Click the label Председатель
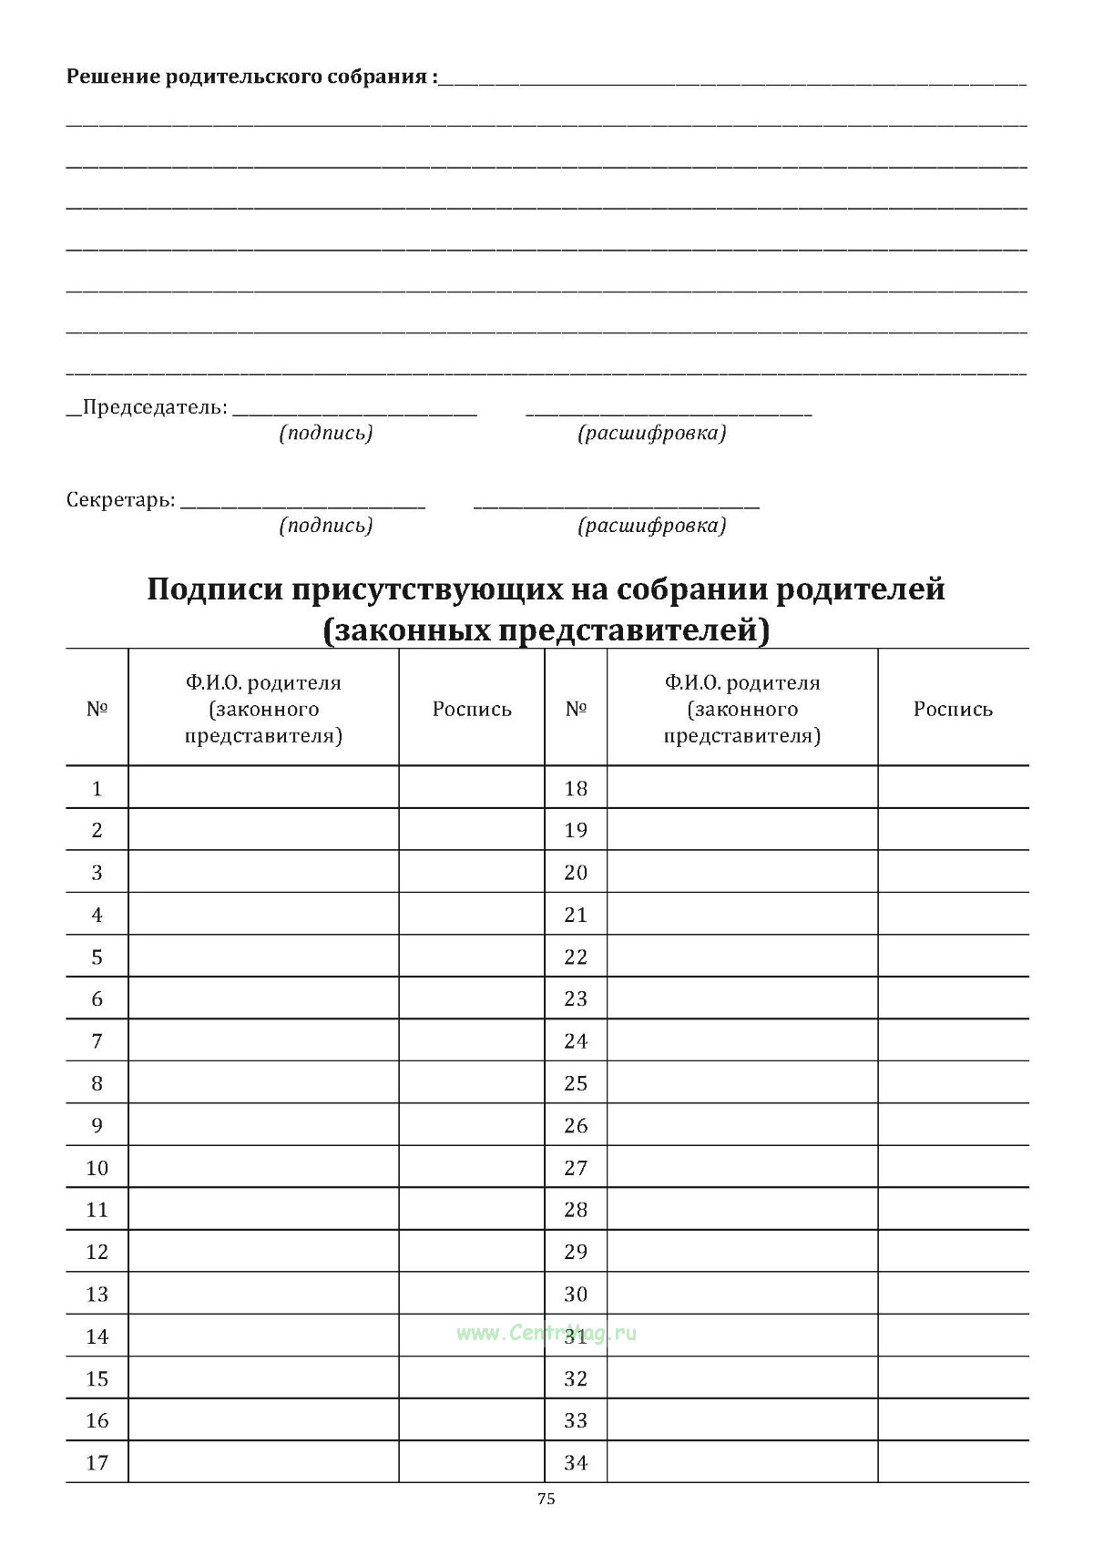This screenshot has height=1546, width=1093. point(155,407)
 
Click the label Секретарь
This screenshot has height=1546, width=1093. point(120,500)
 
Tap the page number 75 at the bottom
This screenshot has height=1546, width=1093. point(546,1500)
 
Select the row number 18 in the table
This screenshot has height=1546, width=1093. point(576,788)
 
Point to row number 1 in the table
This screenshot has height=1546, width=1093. point(97,788)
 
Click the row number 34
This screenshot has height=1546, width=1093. point(576,1463)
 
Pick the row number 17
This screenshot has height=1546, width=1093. point(97,1463)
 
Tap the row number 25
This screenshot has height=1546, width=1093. point(576,1083)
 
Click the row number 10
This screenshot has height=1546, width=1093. point(97,1168)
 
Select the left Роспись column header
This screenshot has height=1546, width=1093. point(472,710)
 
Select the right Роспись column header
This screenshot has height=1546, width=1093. point(953,710)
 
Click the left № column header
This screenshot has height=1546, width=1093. point(97,710)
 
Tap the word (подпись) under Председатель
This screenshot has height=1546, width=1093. point(326,433)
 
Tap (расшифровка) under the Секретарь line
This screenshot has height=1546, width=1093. point(652,526)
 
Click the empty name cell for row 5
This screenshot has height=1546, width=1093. point(263,957)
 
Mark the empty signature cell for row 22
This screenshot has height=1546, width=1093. point(953,957)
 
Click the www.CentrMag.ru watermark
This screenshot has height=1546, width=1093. point(546,1333)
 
